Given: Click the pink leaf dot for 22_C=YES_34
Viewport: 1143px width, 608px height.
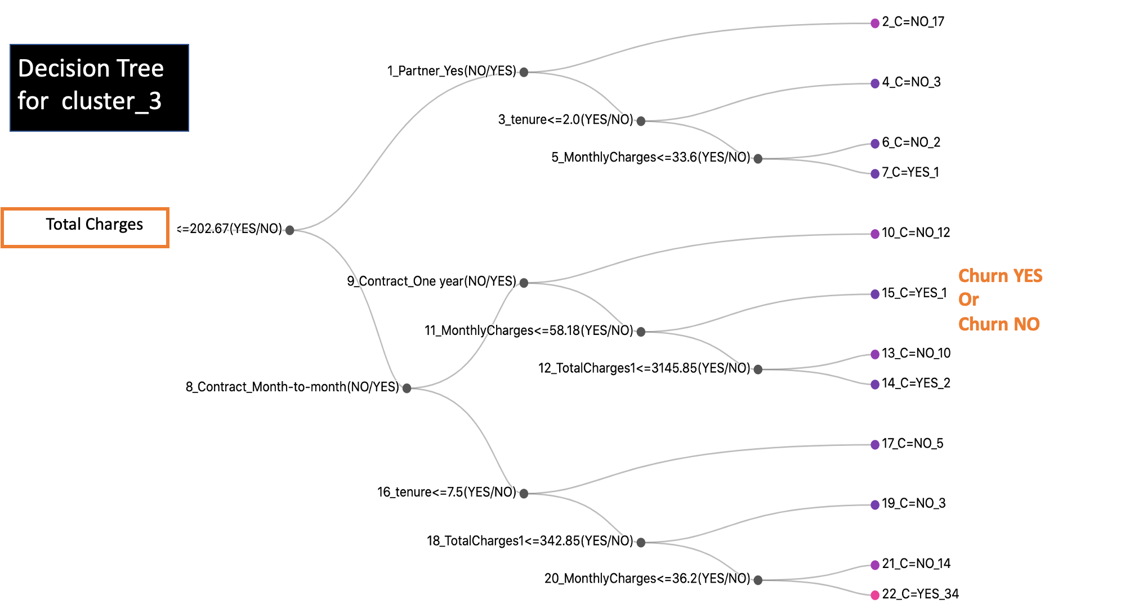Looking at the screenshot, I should click(875, 595).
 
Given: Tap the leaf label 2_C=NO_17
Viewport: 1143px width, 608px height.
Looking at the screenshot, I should click(913, 22).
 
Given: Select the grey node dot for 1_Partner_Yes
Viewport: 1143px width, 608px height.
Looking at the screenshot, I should click(524, 72).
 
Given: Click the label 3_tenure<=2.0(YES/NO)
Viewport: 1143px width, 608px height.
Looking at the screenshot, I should click(565, 120).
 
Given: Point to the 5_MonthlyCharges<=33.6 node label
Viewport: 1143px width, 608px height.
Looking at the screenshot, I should click(650, 158).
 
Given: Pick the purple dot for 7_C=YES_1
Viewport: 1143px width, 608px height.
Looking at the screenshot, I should click(875, 174).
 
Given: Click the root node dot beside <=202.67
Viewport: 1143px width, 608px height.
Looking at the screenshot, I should click(290, 230).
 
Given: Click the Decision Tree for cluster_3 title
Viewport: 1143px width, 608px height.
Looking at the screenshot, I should click(91, 85).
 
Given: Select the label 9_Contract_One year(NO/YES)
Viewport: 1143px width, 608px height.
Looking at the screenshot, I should click(431, 281).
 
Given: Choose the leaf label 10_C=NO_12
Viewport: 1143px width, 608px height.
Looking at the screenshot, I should click(916, 233).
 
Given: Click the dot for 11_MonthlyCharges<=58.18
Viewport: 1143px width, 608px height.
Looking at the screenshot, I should click(641, 332).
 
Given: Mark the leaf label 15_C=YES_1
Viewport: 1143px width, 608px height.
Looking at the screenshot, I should click(914, 293).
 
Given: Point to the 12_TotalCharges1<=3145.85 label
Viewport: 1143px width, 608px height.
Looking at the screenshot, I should click(644, 368).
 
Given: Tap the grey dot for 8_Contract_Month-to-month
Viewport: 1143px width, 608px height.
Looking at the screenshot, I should click(407, 388).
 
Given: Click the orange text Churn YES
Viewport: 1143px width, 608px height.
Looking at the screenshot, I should click(1000, 276).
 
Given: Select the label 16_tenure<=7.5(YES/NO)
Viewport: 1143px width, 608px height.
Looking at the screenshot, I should click(447, 493).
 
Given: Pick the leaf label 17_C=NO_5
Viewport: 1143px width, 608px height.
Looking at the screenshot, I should click(912, 444).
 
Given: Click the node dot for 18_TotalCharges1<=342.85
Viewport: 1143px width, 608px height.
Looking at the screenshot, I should click(641, 543).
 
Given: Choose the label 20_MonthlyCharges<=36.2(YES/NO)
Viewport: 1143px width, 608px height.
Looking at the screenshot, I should click(647, 579).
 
